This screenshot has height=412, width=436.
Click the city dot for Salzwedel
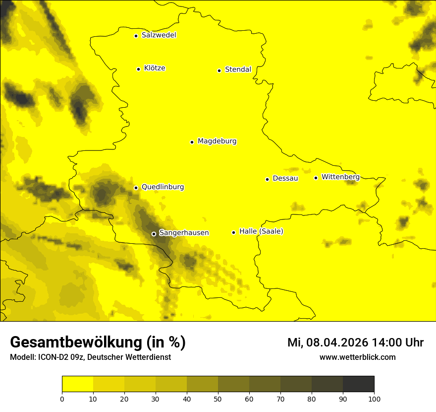136,36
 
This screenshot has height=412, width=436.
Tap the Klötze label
155,68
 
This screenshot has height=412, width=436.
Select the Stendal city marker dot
219,70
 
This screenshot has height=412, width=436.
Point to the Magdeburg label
217,141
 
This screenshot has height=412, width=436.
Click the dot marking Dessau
267,179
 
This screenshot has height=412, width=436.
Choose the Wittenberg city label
340,177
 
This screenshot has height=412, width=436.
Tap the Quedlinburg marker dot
136,188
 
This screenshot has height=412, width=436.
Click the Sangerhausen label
184,232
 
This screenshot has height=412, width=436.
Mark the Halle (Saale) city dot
233,232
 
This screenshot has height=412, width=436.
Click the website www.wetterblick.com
357,357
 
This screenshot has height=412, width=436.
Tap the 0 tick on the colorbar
62,399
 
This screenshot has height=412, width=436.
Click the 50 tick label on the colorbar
218,399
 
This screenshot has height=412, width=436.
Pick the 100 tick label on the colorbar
374,399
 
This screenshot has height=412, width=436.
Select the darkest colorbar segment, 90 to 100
358,384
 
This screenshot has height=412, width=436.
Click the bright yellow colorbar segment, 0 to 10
78,384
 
